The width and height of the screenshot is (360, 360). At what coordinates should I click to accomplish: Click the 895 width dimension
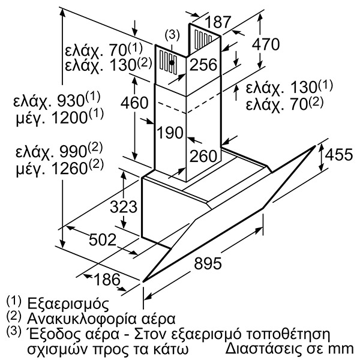(x=208, y=263)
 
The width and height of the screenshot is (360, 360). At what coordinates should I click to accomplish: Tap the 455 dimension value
(x=339, y=155)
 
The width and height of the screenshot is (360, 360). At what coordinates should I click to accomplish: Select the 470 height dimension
(x=266, y=44)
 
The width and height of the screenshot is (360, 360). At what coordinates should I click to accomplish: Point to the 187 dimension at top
(x=217, y=22)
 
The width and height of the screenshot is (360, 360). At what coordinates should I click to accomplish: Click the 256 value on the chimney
(x=203, y=65)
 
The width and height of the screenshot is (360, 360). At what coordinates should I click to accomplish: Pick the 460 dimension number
(x=135, y=103)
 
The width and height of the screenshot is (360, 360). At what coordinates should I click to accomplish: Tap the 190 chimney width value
(x=170, y=133)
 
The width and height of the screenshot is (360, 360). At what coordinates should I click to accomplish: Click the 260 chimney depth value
(x=203, y=156)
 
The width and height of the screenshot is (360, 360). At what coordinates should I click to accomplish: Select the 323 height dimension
(x=124, y=206)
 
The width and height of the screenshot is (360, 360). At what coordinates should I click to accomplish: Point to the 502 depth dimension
(x=103, y=240)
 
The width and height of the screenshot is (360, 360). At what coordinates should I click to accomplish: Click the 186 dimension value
(x=107, y=279)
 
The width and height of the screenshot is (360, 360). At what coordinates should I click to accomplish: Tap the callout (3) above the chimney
(x=172, y=35)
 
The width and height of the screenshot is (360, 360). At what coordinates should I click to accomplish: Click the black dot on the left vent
(x=172, y=62)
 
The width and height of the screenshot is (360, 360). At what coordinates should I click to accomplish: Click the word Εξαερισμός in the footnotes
(x=68, y=304)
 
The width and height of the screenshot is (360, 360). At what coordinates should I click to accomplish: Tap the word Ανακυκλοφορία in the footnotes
(x=79, y=319)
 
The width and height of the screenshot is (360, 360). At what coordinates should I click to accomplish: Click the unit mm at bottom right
(x=342, y=349)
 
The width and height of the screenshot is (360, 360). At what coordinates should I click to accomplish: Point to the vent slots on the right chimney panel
(x=203, y=39)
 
